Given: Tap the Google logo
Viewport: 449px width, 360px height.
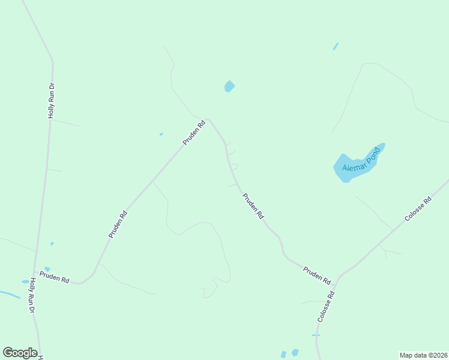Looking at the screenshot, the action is [x=20, y=353].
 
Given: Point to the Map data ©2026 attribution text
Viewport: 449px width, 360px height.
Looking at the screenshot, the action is [x=423, y=355].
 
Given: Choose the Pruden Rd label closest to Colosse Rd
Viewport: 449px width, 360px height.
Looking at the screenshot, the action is [x=316, y=275].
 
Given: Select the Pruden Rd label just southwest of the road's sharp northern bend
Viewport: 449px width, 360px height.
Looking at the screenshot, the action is [x=194, y=133].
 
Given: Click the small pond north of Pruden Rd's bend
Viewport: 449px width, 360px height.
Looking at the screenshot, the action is [x=229, y=86].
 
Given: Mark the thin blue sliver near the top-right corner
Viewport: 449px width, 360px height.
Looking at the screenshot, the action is [x=336, y=46].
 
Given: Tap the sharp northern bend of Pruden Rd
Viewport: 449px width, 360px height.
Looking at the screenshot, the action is [x=208, y=119].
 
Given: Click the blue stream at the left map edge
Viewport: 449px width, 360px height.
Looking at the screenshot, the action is [x=8, y=294].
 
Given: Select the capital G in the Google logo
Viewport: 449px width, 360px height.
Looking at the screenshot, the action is [x=8, y=352].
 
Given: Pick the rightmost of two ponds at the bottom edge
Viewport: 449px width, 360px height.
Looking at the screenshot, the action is [x=295, y=352].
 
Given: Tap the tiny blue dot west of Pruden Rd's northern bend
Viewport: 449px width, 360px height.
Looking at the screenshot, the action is [x=161, y=134].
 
